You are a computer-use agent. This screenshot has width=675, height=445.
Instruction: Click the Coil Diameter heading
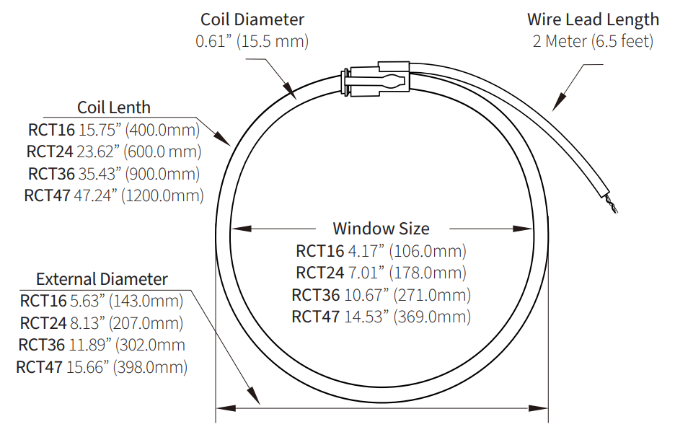252,19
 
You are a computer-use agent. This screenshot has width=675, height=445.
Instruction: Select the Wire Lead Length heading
593,19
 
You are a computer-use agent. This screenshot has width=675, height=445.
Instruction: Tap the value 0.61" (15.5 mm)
252,41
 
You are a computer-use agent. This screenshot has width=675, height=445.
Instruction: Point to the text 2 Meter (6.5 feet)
593,41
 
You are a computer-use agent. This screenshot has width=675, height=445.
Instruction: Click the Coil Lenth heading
114,107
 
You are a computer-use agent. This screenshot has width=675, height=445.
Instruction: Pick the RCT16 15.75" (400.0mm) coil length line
114,130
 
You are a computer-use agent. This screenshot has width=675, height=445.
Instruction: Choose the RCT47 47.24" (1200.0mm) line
114,195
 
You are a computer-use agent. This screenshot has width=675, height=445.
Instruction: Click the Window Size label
381,229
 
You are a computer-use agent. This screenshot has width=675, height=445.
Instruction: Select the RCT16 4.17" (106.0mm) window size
381,251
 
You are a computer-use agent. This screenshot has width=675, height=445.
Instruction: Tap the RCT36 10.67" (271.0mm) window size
381,295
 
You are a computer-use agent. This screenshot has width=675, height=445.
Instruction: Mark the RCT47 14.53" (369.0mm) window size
381,317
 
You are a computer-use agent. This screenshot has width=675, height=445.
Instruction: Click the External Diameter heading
102,279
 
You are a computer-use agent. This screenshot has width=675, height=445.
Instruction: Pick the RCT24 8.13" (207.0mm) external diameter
102,323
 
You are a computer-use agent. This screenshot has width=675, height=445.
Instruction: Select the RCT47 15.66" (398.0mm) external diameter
102,367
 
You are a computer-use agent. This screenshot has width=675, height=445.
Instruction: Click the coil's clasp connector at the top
376,79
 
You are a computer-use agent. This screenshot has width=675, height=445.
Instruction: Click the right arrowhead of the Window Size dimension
524,229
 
